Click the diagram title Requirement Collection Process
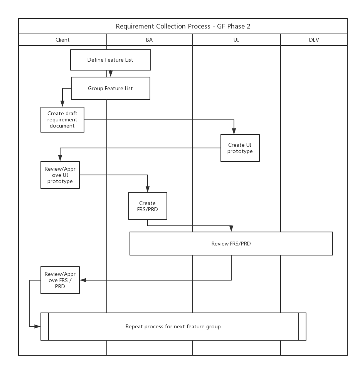pyautogui.click(x=163, y=26)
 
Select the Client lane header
pyautogui.click(x=62, y=40)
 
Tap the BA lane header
pyautogui.click(x=149, y=40)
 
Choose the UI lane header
pyautogui.click(x=236, y=40)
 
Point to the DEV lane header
pyautogui.click(x=314, y=40)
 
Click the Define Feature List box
pyautogui.click(x=111, y=60)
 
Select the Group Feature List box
pyautogui.click(x=111, y=88)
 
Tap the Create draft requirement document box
pyautogui.click(x=62, y=120)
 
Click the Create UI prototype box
pyautogui.click(x=240, y=148)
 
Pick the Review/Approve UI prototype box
pyautogui.click(x=60, y=175)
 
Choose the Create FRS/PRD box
pyautogui.click(x=148, y=206)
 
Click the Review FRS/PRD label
pyautogui.click(x=231, y=244)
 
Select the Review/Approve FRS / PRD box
pyautogui.click(x=60, y=280)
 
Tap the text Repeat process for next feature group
pyautogui.click(x=173, y=327)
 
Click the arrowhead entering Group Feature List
pyautogui.click(x=111, y=74)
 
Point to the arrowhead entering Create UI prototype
pyautogui.click(x=234, y=131)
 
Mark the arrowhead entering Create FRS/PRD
pyautogui.click(x=148, y=190)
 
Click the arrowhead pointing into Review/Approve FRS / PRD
pyautogui.click(x=83, y=280)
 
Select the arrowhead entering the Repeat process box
pyautogui.click(x=37, y=326)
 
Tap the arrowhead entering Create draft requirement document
pyautogui.click(x=62, y=104)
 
